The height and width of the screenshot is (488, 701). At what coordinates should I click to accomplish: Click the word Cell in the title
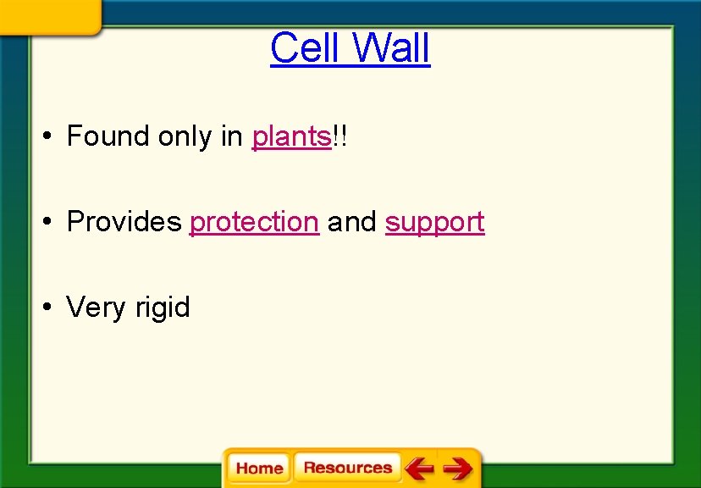303,47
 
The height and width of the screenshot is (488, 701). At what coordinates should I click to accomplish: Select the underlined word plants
291,136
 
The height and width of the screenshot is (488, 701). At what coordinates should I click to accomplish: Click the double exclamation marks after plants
340,136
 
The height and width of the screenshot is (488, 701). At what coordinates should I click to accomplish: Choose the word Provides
124,222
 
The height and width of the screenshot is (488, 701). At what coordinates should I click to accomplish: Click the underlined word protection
254,222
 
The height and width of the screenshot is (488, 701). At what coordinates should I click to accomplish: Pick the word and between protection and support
351,222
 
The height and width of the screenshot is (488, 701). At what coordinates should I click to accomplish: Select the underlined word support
434,223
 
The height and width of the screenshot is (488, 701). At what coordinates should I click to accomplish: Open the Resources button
347,468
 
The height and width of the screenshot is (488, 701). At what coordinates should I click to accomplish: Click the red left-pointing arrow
419,468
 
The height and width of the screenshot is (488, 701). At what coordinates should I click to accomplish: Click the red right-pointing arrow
458,468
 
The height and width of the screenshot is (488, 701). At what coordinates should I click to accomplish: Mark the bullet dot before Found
51,136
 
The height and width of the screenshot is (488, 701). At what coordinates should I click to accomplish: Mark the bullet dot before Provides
51,222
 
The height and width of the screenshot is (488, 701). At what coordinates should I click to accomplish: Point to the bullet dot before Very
51,307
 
